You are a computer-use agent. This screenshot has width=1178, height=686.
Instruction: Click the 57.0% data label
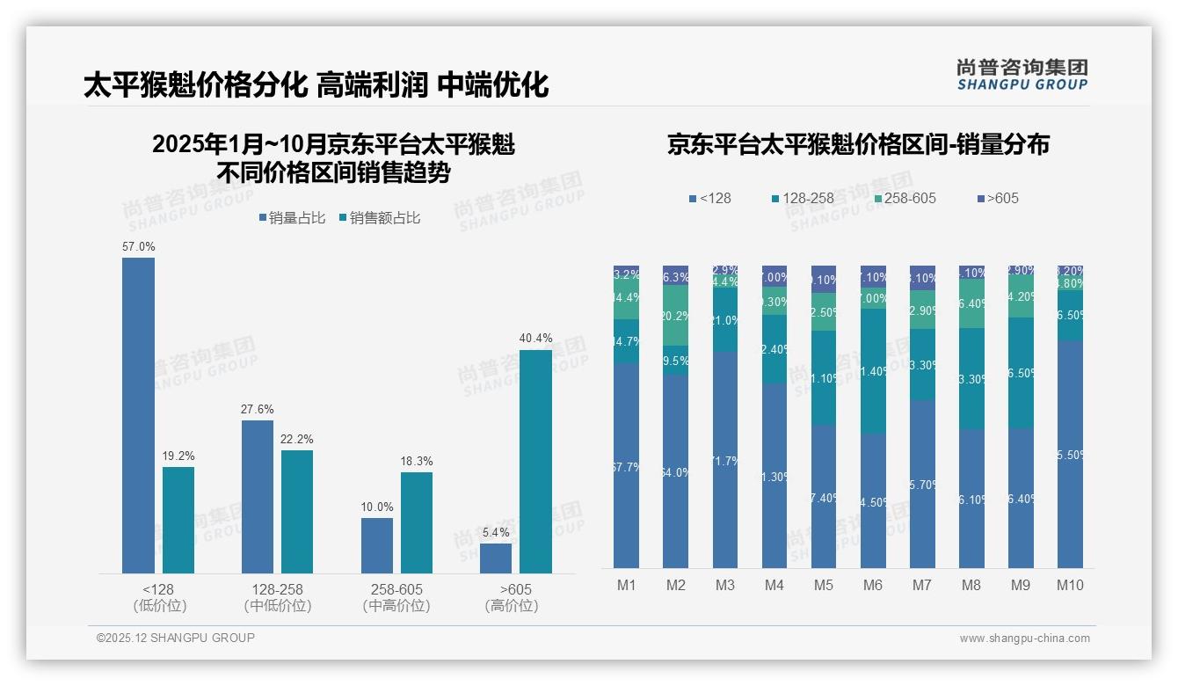pyautogui.click(x=138, y=247)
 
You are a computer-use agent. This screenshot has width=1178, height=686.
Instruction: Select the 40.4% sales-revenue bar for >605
pyautogui.click(x=535, y=462)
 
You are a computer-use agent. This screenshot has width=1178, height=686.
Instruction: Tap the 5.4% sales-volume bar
pyautogui.click(x=496, y=558)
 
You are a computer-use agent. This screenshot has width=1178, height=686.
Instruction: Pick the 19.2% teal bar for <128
pyautogui.click(x=178, y=520)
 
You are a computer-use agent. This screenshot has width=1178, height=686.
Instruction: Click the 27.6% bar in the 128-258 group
pyautogui.click(x=258, y=497)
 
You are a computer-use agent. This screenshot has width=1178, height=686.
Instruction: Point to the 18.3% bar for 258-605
pyautogui.click(x=417, y=522)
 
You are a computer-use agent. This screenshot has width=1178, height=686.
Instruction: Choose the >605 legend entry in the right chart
pyautogui.click(x=998, y=198)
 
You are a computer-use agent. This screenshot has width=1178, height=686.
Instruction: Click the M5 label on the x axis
pyautogui.click(x=823, y=585)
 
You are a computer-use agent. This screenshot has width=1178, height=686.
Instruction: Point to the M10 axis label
pyautogui.click(x=1069, y=585)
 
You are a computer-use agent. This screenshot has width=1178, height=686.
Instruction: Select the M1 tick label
pyautogui.click(x=626, y=585)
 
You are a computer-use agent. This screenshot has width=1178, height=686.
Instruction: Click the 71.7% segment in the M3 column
pyautogui.click(x=725, y=460)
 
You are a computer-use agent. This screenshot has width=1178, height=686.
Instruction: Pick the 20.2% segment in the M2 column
pyautogui.click(x=676, y=316)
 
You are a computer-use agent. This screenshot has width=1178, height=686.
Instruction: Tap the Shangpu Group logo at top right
pyautogui.click(x=1022, y=74)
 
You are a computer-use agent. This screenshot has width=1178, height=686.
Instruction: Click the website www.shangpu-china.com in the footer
pyautogui.click(x=1024, y=639)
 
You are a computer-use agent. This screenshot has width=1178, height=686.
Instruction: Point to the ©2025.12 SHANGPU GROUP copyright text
pyautogui.click(x=176, y=638)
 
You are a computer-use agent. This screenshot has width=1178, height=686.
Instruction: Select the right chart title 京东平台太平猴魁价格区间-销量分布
pyautogui.click(x=858, y=145)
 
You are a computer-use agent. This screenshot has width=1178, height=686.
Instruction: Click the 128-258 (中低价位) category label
pyautogui.click(x=278, y=597)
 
